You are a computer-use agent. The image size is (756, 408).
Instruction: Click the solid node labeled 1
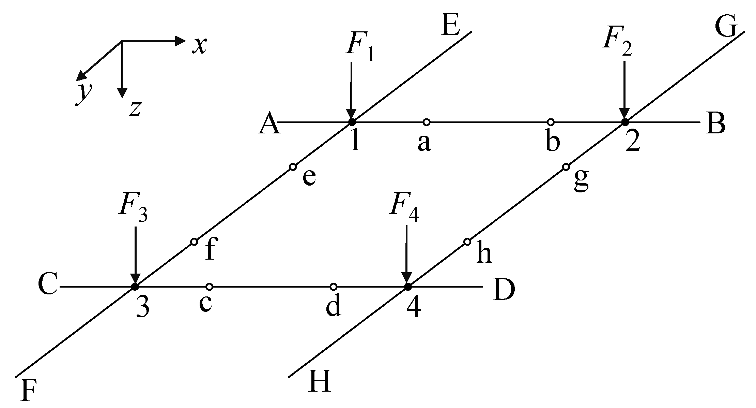(x=352, y=122)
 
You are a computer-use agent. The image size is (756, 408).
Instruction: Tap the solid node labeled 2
(x=624, y=122)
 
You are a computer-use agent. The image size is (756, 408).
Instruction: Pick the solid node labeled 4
(x=407, y=286)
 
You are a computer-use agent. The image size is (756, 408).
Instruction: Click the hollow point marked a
(x=426, y=122)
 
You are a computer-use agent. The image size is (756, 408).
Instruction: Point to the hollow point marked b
(x=550, y=122)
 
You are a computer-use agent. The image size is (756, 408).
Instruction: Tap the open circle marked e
(x=293, y=167)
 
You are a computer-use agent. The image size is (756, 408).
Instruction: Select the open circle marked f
(x=194, y=242)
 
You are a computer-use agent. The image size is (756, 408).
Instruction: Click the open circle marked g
(x=566, y=167)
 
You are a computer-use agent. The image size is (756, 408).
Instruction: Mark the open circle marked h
(x=467, y=242)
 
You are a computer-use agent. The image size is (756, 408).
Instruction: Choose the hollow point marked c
(x=209, y=286)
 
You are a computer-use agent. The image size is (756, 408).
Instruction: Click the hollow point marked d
(x=334, y=286)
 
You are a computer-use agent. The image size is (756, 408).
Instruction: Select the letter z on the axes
(x=135, y=108)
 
